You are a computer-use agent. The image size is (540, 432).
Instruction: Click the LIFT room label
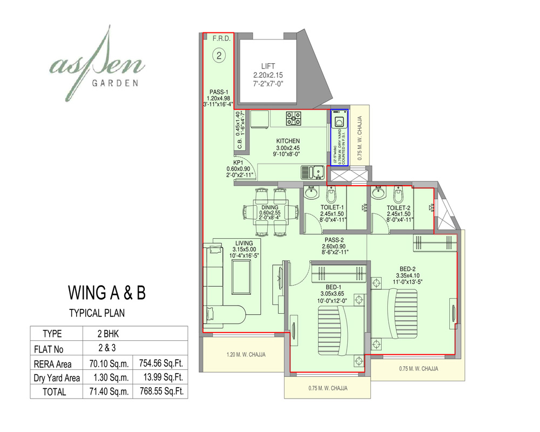click(x=268, y=66)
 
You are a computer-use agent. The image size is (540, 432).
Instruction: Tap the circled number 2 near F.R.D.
click(x=219, y=55)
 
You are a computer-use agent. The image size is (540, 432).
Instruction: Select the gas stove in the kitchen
click(x=294, y=118)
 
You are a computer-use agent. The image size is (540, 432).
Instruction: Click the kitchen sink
click(x=312, y=172)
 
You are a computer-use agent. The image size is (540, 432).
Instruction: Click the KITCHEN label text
click(x=288, y=141)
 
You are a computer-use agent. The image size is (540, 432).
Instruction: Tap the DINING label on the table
click(x=270, y=207)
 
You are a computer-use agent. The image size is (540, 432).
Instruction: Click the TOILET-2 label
click(x=399, y=207)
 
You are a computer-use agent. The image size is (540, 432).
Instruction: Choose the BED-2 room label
click(x=408, y=268)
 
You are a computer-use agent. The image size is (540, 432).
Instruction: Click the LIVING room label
click(x=244, y=242)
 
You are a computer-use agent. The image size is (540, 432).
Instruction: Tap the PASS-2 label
click(x=335, y=240)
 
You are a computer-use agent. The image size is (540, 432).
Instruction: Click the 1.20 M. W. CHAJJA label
click(x=246, y=355)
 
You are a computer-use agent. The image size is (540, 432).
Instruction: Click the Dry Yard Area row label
click(x=57, y=377)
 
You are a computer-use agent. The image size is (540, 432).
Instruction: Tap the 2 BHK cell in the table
click(x=108, y=334)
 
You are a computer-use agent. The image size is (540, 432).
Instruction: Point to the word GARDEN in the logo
click(x=116, y=83)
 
